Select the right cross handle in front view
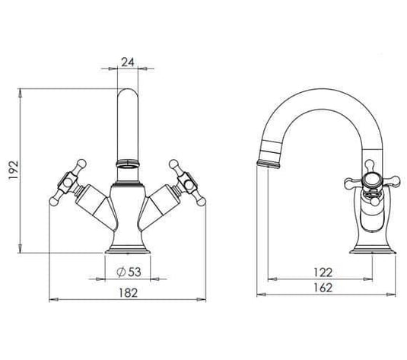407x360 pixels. click(186, 183)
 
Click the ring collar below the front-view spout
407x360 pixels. click(126, 163)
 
